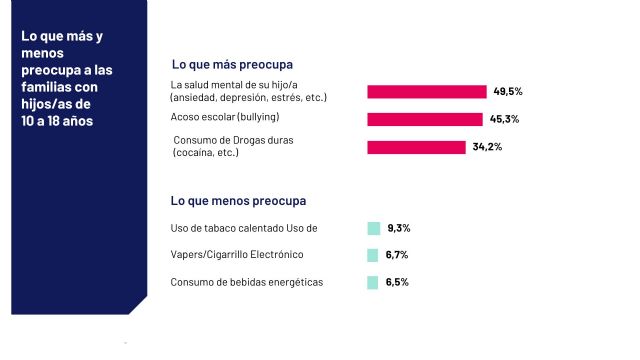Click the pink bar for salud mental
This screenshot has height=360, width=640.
427,92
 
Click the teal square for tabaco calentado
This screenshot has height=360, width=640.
373,228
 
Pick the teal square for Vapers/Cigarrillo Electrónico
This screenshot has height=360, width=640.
373,255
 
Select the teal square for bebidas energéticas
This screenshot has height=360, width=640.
373,282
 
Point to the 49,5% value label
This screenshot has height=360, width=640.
508,91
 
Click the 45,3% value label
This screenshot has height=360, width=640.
503,119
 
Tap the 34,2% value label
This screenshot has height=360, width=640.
487,147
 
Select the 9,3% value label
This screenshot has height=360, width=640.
399,228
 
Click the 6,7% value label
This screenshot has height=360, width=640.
397,255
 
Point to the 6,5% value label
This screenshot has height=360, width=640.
397,282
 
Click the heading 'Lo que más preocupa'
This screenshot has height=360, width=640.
235,64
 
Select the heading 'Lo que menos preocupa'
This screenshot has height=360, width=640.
239,200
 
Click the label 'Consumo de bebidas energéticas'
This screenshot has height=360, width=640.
247,282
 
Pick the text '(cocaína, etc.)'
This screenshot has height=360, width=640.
206,153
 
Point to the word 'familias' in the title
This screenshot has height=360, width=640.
47,87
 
